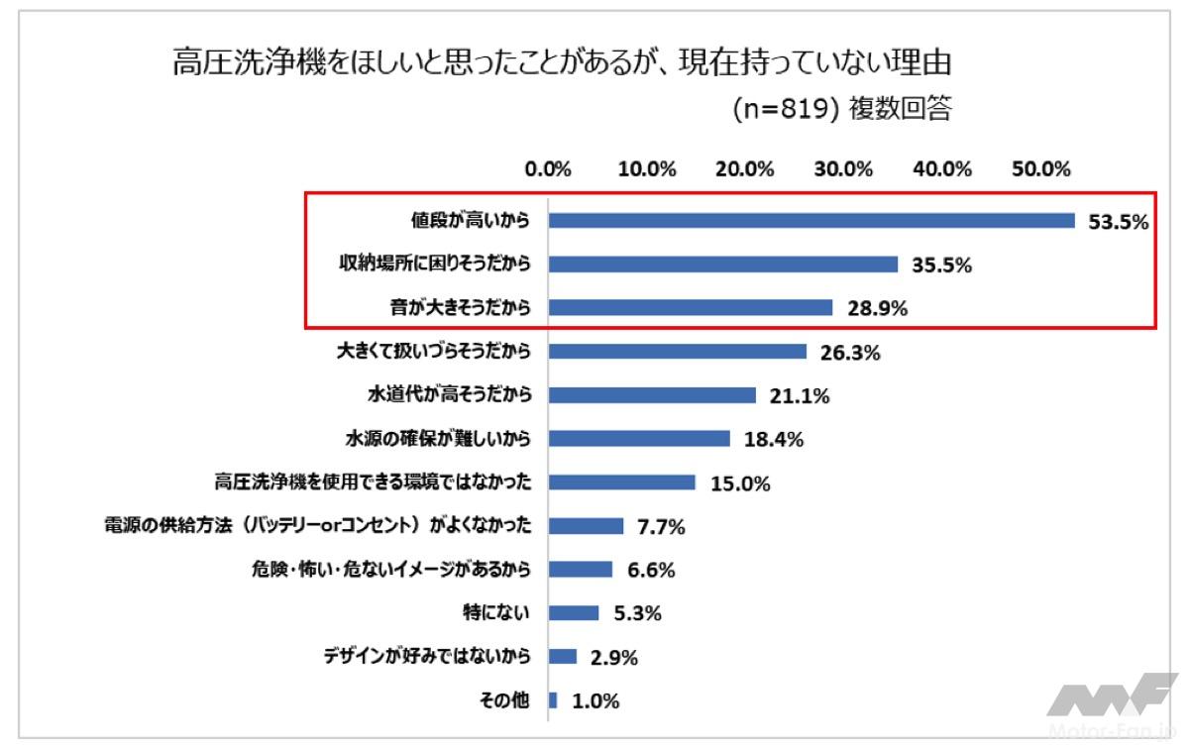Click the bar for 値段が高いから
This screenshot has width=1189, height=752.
point(811,221)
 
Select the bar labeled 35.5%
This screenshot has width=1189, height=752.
point(722,265)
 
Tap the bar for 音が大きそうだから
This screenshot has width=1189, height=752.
point(690,308)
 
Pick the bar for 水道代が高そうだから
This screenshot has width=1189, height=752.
point(652,395)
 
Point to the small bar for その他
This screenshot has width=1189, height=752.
point(553,700)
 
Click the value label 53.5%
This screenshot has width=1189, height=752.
point(1118,222)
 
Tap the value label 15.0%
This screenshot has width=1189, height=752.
point(740,483)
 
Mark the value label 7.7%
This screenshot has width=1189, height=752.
point(662,527)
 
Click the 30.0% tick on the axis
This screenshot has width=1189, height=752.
point(843,168)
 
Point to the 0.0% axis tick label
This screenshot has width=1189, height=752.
point(549,168)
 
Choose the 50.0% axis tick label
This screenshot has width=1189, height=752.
point(1041,168)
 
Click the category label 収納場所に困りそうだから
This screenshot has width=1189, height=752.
point(429,265)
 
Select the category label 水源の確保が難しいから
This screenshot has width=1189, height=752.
point(437,439)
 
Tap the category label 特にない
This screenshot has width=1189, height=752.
point(504,613)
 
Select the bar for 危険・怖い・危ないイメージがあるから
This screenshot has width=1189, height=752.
point(581,570)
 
